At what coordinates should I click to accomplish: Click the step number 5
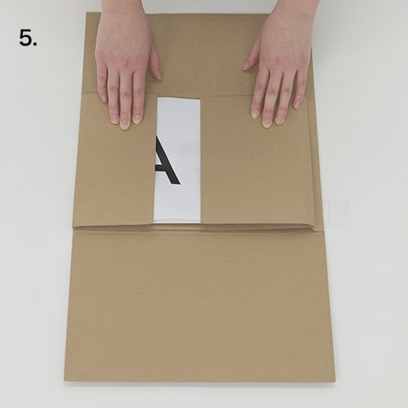coord(28,38)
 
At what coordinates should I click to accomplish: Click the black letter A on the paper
coord(167,160)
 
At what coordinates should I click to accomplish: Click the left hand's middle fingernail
coord(125,124)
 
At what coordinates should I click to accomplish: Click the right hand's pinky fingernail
coord(297,104)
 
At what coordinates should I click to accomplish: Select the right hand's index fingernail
coord(256,113)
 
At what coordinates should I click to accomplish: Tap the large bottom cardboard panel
coord(199,306)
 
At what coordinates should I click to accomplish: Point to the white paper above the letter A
coord(179,115)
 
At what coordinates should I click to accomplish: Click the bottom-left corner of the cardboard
coord(64,380)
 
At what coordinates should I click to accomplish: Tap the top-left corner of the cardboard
coord(87,13)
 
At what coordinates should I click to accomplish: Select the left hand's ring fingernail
coord(114,118)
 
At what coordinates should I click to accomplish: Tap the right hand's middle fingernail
coord(267,121)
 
